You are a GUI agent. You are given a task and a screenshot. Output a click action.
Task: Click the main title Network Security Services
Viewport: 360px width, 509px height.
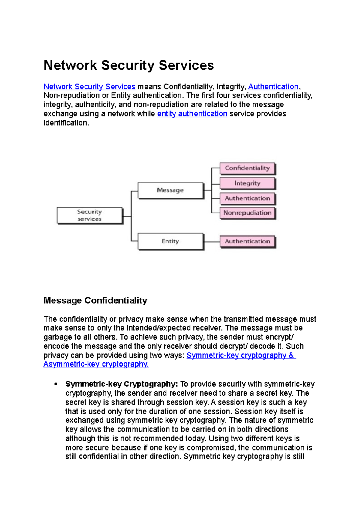click(x=129, y=65)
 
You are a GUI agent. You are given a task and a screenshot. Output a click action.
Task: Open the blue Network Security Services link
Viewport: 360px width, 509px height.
click(x=89, y=87)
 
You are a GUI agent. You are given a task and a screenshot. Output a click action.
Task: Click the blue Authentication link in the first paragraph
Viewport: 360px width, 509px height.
click(x=273, y=87)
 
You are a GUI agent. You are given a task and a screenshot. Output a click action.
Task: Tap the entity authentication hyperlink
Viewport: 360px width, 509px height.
click(x=192, y=114)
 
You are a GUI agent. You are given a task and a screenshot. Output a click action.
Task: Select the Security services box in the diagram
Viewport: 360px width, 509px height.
click(x=90, y=215)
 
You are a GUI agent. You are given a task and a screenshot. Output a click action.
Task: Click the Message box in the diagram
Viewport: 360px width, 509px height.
click(x=170, y=190)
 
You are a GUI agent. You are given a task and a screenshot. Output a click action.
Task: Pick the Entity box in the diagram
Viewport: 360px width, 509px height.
click(x=170, y=241)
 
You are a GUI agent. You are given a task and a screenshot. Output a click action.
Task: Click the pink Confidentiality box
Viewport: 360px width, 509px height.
click(x=247, y=168)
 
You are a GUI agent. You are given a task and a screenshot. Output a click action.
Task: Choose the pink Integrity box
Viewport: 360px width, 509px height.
click(x=247, y=183)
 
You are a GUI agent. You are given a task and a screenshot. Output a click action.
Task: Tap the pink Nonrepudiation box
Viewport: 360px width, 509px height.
click(x=247, y=213)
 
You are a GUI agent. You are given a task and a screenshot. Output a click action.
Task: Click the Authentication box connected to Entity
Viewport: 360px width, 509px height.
click(x=247, y=241)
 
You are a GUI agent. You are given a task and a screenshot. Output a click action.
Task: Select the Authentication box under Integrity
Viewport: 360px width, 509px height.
click(x=247, y=198)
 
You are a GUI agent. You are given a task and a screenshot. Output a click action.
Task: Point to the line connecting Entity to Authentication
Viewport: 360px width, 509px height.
click(x=212, y=242)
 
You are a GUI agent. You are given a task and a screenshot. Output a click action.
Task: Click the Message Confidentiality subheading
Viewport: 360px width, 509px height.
click(x=95, y=300)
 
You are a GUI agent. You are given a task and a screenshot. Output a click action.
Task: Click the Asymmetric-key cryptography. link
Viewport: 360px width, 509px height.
click(x=96, y=364)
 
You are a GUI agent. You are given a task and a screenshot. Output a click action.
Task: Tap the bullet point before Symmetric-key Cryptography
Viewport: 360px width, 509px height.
click(x=56, y=384)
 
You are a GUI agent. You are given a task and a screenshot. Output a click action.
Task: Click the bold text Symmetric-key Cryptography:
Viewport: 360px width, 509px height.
click(x=121, y=384)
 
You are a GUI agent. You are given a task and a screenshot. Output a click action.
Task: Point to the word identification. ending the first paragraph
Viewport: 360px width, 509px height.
click(x=66, y=123)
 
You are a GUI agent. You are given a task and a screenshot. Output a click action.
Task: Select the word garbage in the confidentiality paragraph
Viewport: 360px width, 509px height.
click(x=57, y=337)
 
